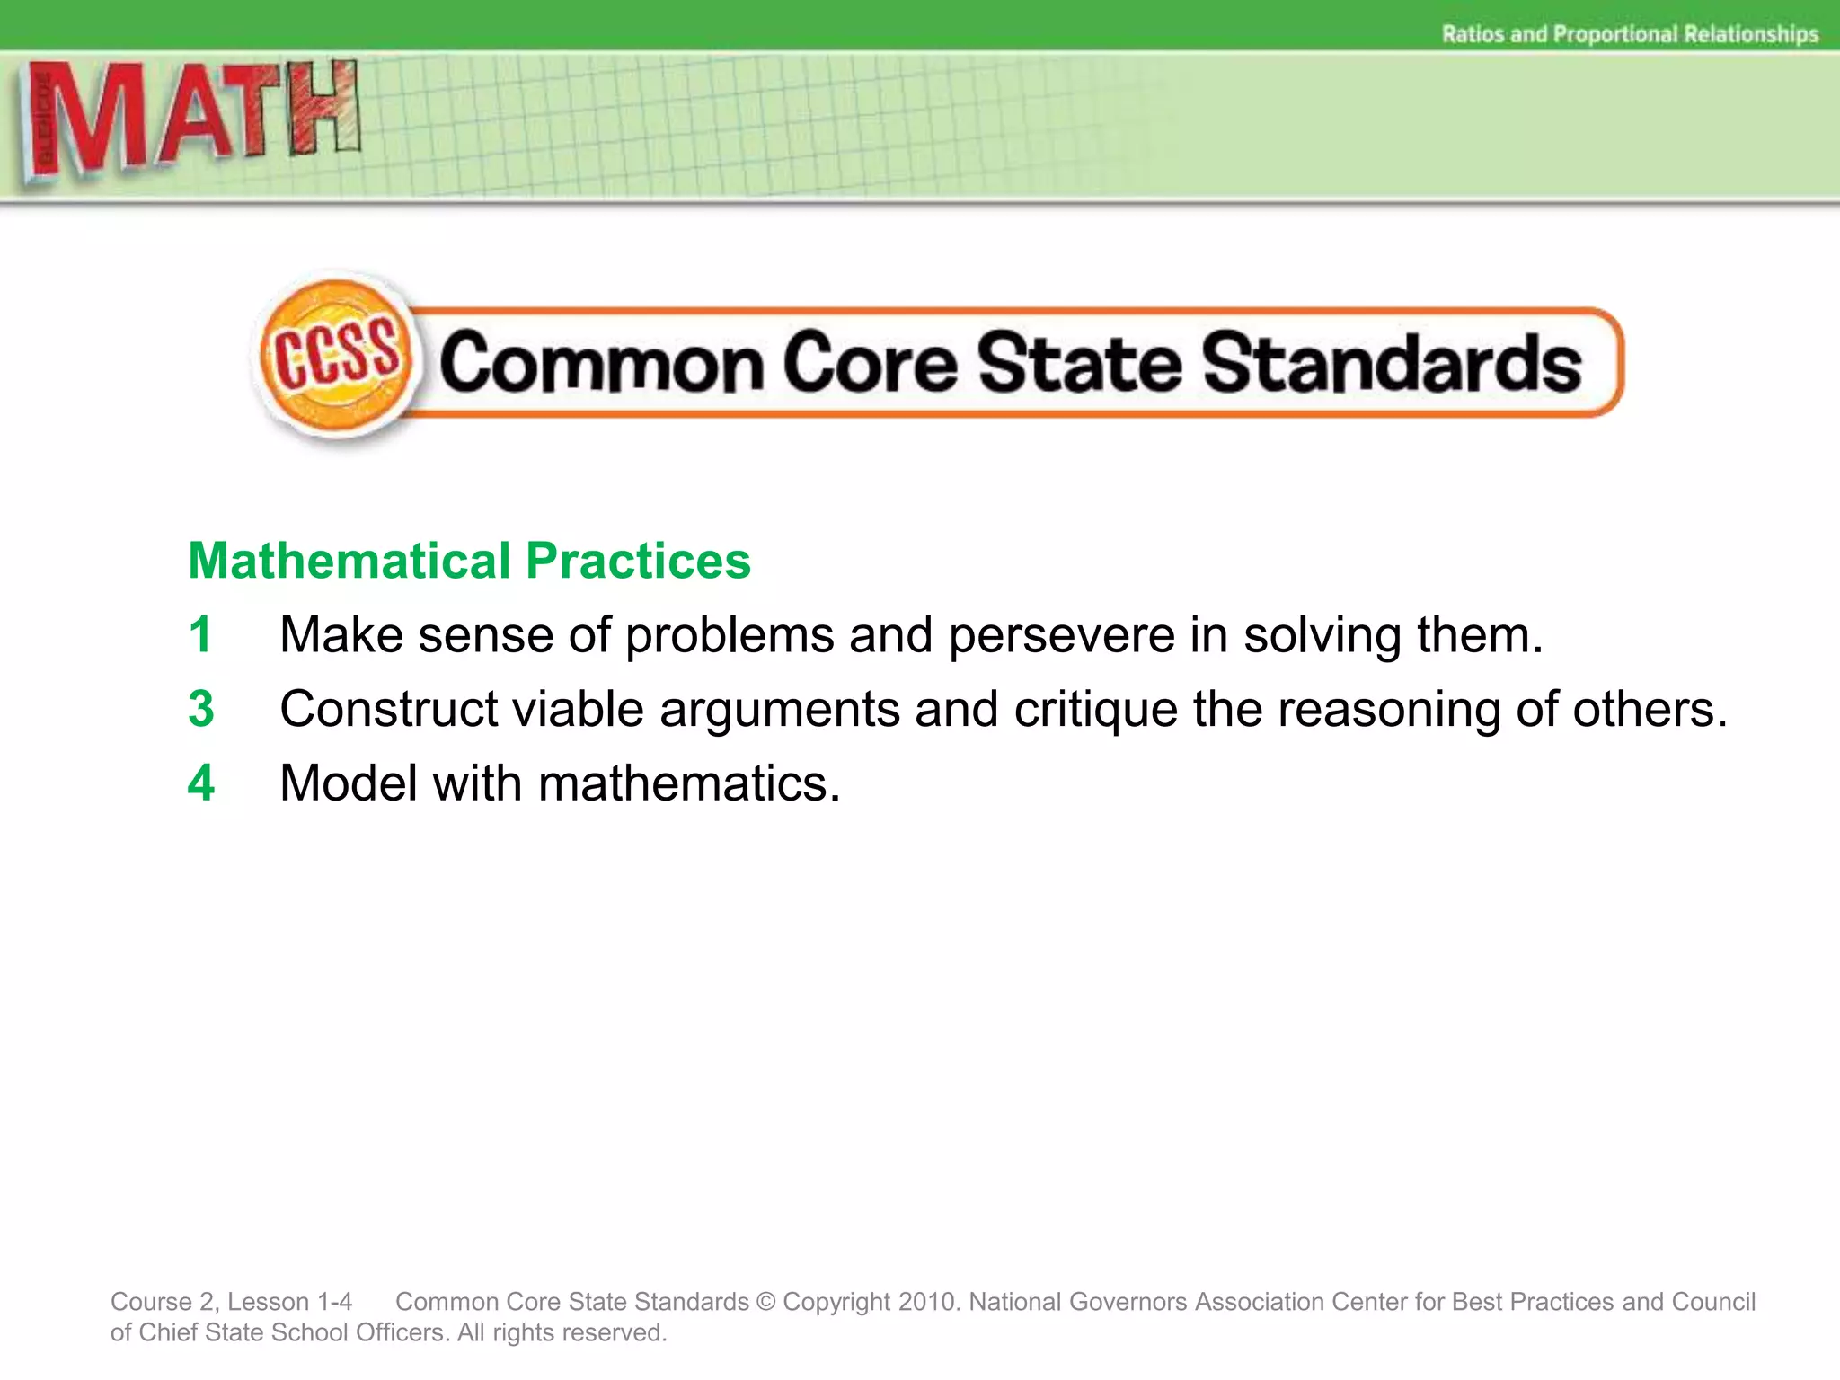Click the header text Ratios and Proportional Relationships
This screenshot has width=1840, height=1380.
pos(1630,34)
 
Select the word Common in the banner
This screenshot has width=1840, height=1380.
pos(601,363)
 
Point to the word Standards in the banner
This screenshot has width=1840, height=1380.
pos(1392,363)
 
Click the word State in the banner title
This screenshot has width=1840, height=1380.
pos(1079,363)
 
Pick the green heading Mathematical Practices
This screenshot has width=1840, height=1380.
pos(469,561)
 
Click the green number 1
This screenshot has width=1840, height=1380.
pos(200,635)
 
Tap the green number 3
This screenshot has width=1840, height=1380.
pos(201,709)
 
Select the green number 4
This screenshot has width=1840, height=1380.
pos(201,783)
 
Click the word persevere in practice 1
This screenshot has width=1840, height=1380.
pos(1061,635)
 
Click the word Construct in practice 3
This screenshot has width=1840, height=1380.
pos(388,709)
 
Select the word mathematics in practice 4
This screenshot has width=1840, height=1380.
pos(688,783)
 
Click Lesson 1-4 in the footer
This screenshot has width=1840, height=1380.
pos(289,1302)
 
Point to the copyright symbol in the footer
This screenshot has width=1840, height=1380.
pos(765,1302)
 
